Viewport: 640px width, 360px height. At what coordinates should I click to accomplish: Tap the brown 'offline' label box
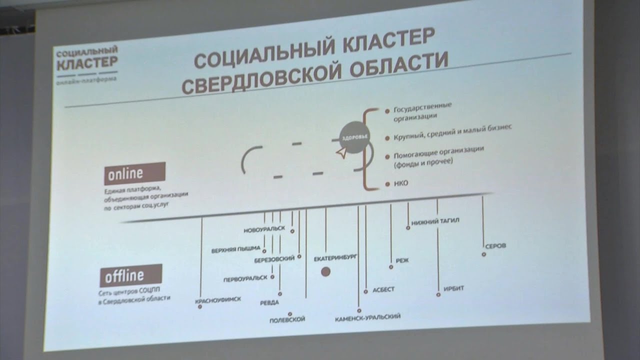(x=131, y=275)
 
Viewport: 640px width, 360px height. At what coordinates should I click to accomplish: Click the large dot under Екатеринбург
(x=325, y=271)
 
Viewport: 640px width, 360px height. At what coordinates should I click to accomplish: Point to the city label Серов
(x=495, y=246)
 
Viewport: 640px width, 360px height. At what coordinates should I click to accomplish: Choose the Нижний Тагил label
(x=435, y=221)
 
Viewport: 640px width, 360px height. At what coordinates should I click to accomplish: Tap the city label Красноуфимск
(x=218, y=299)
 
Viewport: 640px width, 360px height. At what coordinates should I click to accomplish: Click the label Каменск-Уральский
(x=367, y=316)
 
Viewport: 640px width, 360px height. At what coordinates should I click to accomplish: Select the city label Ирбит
(x=453, y=288)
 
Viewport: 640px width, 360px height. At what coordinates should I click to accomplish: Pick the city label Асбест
(x=383, y=289)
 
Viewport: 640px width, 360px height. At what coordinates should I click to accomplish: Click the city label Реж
(x=402, y=260)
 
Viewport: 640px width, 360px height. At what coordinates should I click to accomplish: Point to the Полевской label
(x=287, y=319)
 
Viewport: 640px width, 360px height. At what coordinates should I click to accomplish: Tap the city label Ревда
(x=269, y=302)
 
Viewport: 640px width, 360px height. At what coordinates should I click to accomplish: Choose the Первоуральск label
(x=245, y=278)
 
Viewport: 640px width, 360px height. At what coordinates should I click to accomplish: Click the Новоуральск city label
(x=264, y=229)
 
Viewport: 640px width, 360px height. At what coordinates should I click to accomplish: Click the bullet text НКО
(x=401, y=183)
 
